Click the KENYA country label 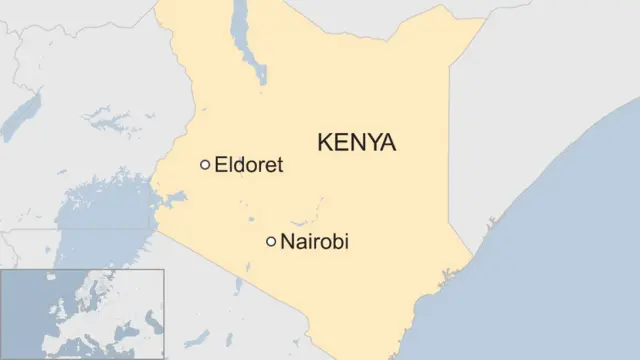(356, 143)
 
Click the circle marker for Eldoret (205, 165)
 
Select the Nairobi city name (315, 242)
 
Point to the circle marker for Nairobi (270, 241)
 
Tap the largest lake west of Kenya (100, 215)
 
